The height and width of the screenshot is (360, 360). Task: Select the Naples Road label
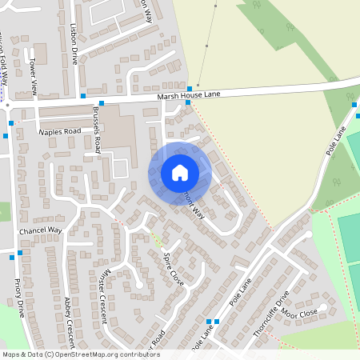(x=60, y=131)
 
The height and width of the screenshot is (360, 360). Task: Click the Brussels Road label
(x=97, y=130)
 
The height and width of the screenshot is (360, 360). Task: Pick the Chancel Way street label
(x=40, y=230)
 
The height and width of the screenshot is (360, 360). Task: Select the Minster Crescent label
(x=102, y=290)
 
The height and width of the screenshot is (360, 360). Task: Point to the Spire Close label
(x=174, y=269)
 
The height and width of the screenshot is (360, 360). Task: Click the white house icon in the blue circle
(x=180, y=172)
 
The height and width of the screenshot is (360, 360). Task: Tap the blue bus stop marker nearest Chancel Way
(x=20, y=253)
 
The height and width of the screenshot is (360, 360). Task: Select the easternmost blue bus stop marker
(x=354, y=104)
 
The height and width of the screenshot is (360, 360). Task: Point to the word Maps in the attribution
(x=12, y=354)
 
